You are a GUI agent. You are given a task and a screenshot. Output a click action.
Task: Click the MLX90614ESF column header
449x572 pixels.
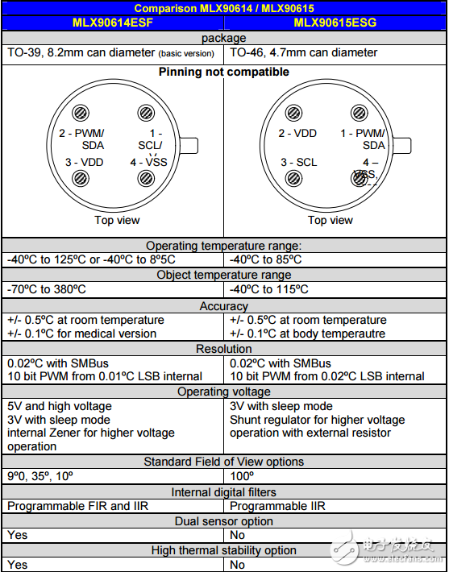point(112,23)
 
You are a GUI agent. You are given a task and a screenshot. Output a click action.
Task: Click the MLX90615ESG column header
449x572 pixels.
point(335,23)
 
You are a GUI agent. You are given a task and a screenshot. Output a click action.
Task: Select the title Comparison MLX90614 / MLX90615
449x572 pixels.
point(224,8)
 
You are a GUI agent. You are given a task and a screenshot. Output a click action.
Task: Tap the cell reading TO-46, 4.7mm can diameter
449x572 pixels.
point(303,52)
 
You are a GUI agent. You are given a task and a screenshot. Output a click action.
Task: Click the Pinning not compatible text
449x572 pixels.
point(224,72)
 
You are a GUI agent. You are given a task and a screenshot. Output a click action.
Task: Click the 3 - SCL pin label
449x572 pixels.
point(298,162)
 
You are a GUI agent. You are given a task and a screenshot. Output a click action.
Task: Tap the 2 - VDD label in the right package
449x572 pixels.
point(297,134)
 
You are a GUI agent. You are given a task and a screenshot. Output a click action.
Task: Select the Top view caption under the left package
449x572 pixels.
point(117,220)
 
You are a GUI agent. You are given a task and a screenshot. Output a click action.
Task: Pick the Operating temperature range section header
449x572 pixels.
point(224,245)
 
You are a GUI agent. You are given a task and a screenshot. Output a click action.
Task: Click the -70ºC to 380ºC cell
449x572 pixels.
point(47,289)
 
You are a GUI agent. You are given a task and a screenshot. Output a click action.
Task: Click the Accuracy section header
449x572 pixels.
point(224,306)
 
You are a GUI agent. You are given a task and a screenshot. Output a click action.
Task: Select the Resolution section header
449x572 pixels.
point(224,349)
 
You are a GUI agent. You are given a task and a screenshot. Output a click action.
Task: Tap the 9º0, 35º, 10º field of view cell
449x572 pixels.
point(41,476)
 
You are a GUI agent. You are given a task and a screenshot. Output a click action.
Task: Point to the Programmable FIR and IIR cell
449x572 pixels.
point(78,506)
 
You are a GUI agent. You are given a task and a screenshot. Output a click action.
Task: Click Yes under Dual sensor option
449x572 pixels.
point(17,535)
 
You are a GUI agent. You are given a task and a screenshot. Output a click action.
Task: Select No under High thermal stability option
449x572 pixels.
point(238,565)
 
